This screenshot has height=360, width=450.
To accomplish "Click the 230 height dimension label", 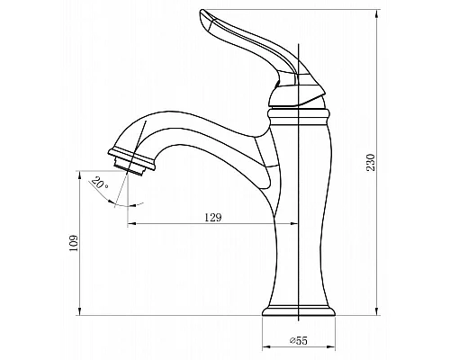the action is [x=372, y=162].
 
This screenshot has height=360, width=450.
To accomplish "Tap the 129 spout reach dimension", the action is [x=213, y=217].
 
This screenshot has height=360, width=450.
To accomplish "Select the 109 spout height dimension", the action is [x=74, y=243].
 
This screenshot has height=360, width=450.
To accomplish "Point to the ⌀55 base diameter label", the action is [x=299, y=340].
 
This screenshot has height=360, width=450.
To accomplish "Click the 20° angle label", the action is [x=100, y=183].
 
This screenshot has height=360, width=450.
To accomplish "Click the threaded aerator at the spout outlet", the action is [x=130, y=166].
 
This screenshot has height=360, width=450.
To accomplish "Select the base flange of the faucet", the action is [x=299, y=311].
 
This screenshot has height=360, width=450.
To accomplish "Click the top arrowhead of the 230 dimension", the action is [x=377, y=13].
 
